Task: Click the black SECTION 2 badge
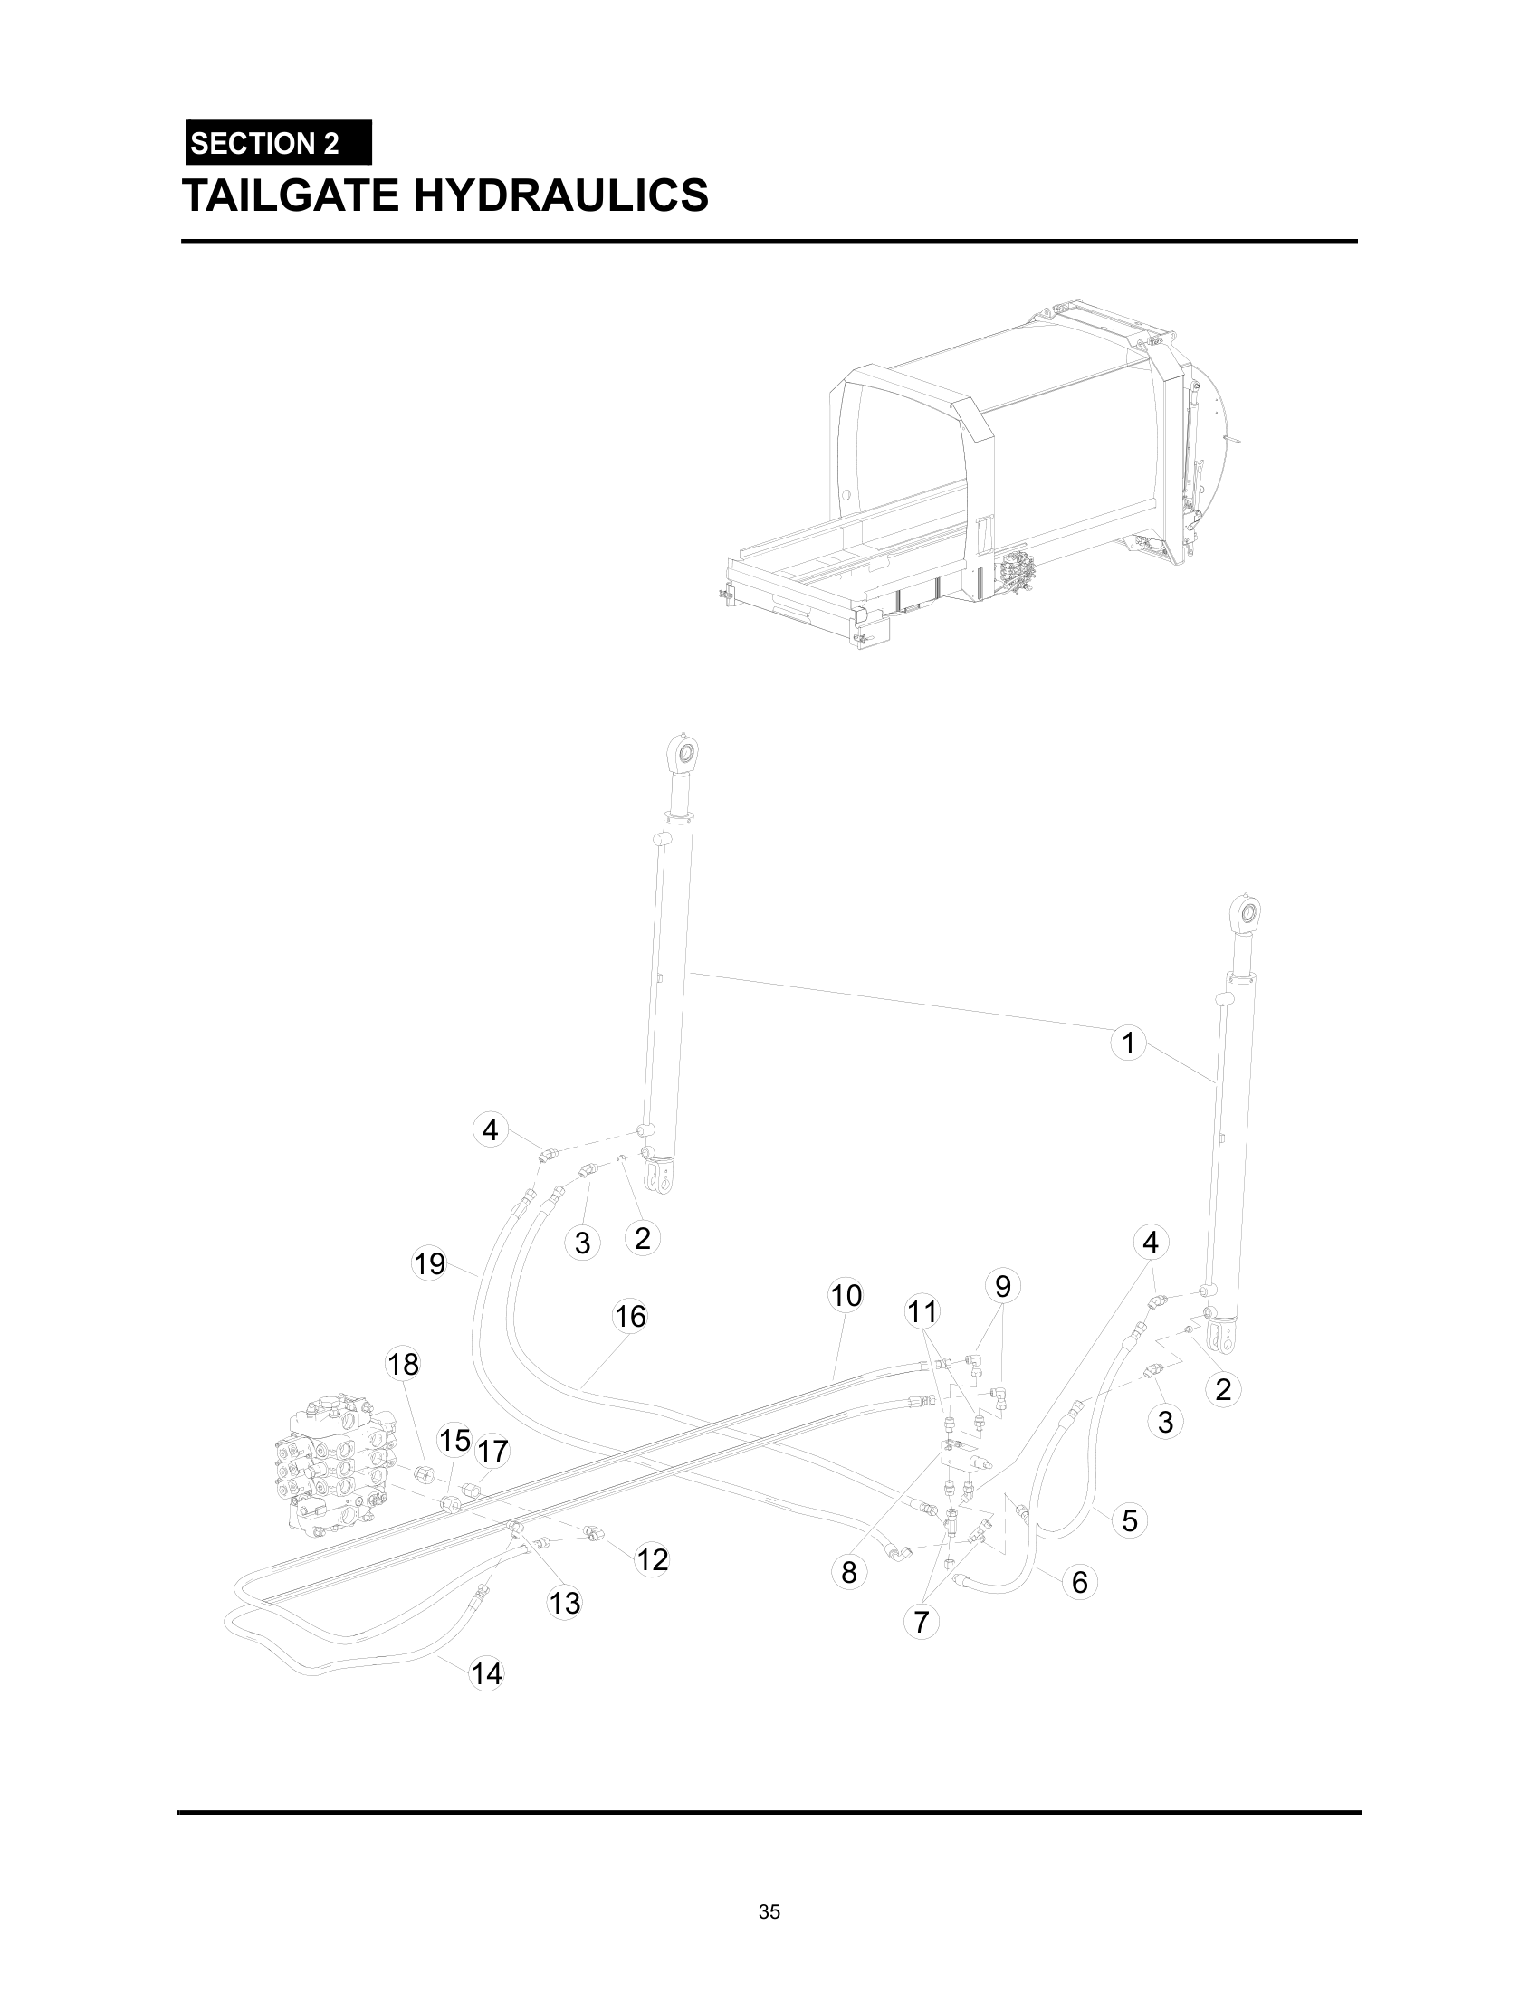pyautogui.click(x=278, y=143)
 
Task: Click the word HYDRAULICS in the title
pyautogui.click(x=560, y=195)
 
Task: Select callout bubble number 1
pyautogui.click(x=1128, y=1042)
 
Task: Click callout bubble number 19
pyautogui.click(x=429, y=1263)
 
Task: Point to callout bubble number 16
pyautogui.click(x=630, y=1316)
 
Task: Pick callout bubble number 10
pyautogui.click(x=846, y=1294)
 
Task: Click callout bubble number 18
pyautogui.click(x=403, y=1364)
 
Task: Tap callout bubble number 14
pyautogui.click(x=486, y=1673)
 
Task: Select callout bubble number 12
pyautogui.click(x=653, y=1560)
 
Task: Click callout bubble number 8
pyautogui.click(x=849, y=1572)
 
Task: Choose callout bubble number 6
pyautogui.click(x=1079, y=1582)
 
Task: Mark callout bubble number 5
pyautogui.click(x=1130, y=1520)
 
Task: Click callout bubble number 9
pyautogui.click(x=1003, y=1286)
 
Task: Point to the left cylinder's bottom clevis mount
pyautogui.click(x=658, y=1176)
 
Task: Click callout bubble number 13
pyautogui.click(x=564, y=1602)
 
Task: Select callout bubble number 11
pyautogui.click(x=922, y=1312)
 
